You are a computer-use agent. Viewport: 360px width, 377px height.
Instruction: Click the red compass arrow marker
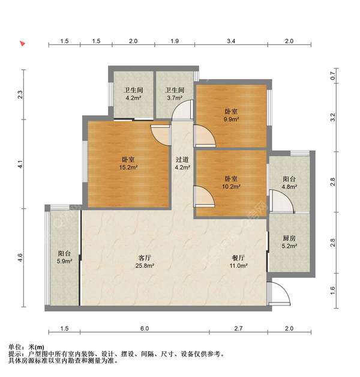coord(23,43)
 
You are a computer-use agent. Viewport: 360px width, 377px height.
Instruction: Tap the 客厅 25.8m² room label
coord(145,262)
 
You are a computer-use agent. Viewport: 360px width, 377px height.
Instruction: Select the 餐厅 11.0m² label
coord(238,262)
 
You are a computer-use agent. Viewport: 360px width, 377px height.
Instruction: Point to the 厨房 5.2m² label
coord(289,242)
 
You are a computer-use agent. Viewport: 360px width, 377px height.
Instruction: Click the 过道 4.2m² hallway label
coord(182,163)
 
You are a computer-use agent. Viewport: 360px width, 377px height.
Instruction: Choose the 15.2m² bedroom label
coord(128,163)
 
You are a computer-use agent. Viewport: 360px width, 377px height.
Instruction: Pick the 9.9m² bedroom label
coord(231,115)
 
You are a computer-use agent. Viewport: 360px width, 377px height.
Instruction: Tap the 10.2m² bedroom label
coord(231,182)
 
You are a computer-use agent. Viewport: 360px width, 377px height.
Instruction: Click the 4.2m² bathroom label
coord(134,94)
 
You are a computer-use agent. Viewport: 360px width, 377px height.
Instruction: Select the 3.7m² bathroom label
coord(175,94)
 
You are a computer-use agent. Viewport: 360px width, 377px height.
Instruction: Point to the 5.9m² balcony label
coord(64,257)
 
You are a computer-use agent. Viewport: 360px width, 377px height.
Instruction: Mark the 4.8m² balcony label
coord(289,182)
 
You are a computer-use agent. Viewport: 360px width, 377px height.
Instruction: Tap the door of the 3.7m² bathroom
coord(183,110)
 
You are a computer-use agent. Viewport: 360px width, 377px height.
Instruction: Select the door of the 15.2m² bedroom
coord(161,135)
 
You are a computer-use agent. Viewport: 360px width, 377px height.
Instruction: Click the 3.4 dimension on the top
coord(231,41)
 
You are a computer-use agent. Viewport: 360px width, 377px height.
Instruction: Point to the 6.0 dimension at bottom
coord(145,328)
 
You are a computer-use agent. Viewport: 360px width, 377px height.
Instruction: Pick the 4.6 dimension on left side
coord(20,258)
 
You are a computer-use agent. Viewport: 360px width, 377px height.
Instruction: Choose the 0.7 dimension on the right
coord(333,76)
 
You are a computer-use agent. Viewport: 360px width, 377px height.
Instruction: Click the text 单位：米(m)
coord(26,347)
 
